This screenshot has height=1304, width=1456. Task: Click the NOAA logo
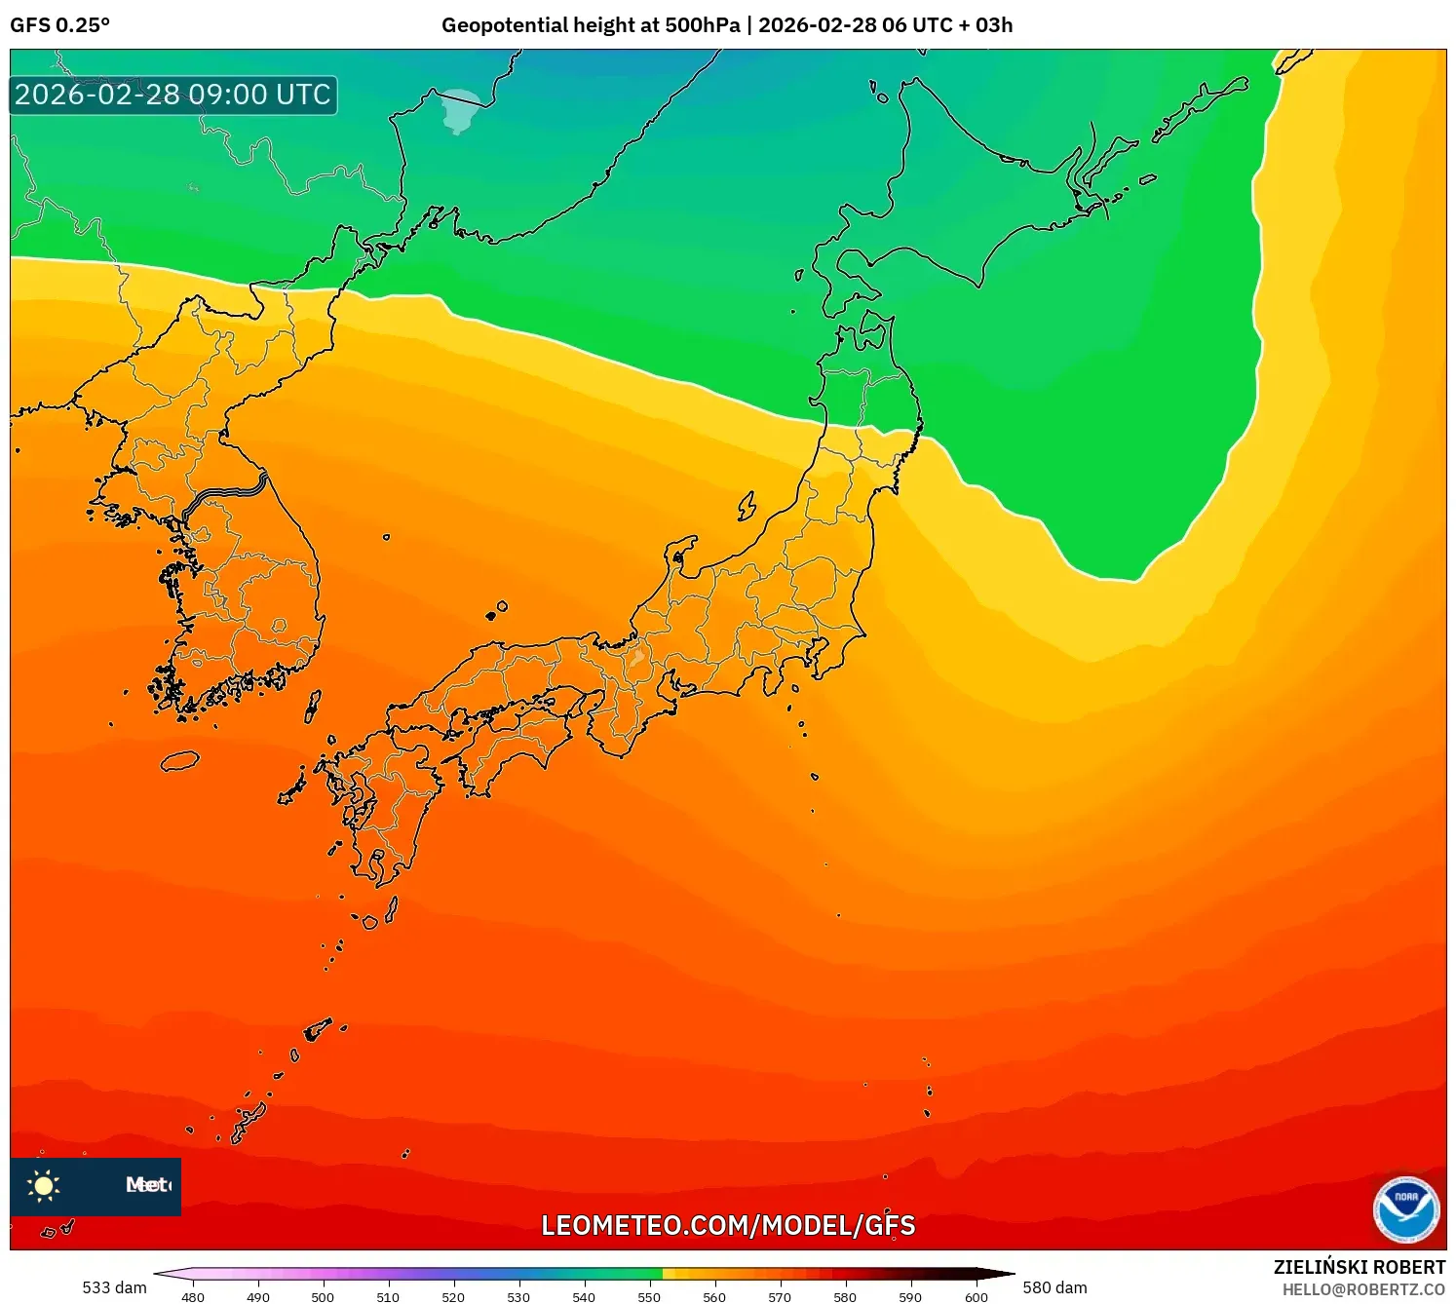1405,1209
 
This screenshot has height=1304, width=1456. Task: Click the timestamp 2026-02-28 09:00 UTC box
173,96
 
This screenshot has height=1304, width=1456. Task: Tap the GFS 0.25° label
60,25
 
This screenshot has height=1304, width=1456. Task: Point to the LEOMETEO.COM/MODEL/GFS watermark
728,1225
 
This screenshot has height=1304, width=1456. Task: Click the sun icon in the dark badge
43,1185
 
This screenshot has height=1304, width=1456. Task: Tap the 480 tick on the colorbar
193,1297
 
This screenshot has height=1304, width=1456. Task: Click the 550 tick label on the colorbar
649,1297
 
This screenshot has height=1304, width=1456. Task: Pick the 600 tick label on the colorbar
976,1297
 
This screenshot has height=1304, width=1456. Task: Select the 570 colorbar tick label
780,1297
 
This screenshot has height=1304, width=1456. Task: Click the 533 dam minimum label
114,1287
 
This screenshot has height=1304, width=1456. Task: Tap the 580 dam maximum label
1054,1287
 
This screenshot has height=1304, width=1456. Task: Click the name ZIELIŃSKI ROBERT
1359,1267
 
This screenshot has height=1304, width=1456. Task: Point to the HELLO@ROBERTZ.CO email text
1363,1289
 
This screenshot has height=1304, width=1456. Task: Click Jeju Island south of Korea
179,760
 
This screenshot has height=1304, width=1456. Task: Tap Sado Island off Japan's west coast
747,506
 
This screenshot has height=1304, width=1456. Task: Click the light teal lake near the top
460,110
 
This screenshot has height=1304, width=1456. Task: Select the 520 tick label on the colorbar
453,1297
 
